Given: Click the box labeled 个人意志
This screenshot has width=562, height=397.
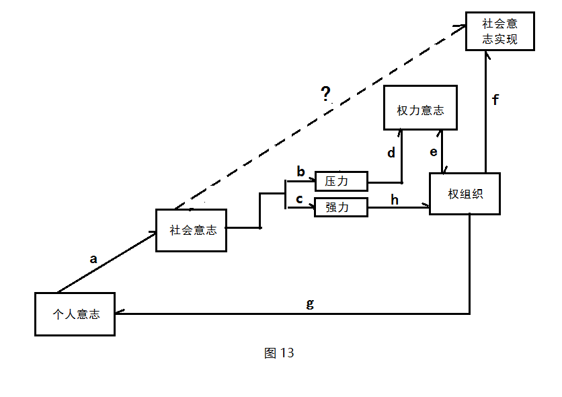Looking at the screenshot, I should pos(75,314).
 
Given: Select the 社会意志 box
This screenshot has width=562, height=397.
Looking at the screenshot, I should pos(192,230).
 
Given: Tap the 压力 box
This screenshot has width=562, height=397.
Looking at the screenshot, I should pos(342,181).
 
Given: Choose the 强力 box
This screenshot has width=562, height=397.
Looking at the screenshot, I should pos(342,207).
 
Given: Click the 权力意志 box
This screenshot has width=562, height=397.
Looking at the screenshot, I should pos(420,108).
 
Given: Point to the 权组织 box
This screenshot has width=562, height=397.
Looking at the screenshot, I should pos(465,194).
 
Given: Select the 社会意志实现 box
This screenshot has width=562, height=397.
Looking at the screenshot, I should pos(500,31).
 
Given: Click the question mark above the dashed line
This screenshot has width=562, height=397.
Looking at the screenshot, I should pos(326,94).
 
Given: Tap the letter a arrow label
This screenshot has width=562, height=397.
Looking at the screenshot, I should pos(93,258).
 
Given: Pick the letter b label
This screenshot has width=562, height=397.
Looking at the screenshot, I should pos(300,172).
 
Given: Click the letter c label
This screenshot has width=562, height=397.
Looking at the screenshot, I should pos(300,200).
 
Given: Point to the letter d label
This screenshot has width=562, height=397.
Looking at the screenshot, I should pos(391,153).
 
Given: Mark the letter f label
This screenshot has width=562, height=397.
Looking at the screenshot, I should pos(495,100).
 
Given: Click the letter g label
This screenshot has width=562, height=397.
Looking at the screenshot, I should pos(310,303).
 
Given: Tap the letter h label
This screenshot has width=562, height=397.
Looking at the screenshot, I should pos(395,199).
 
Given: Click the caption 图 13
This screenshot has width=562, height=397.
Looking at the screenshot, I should pos(279,353).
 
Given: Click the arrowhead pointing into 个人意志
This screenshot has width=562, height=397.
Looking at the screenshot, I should pos(119,314).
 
